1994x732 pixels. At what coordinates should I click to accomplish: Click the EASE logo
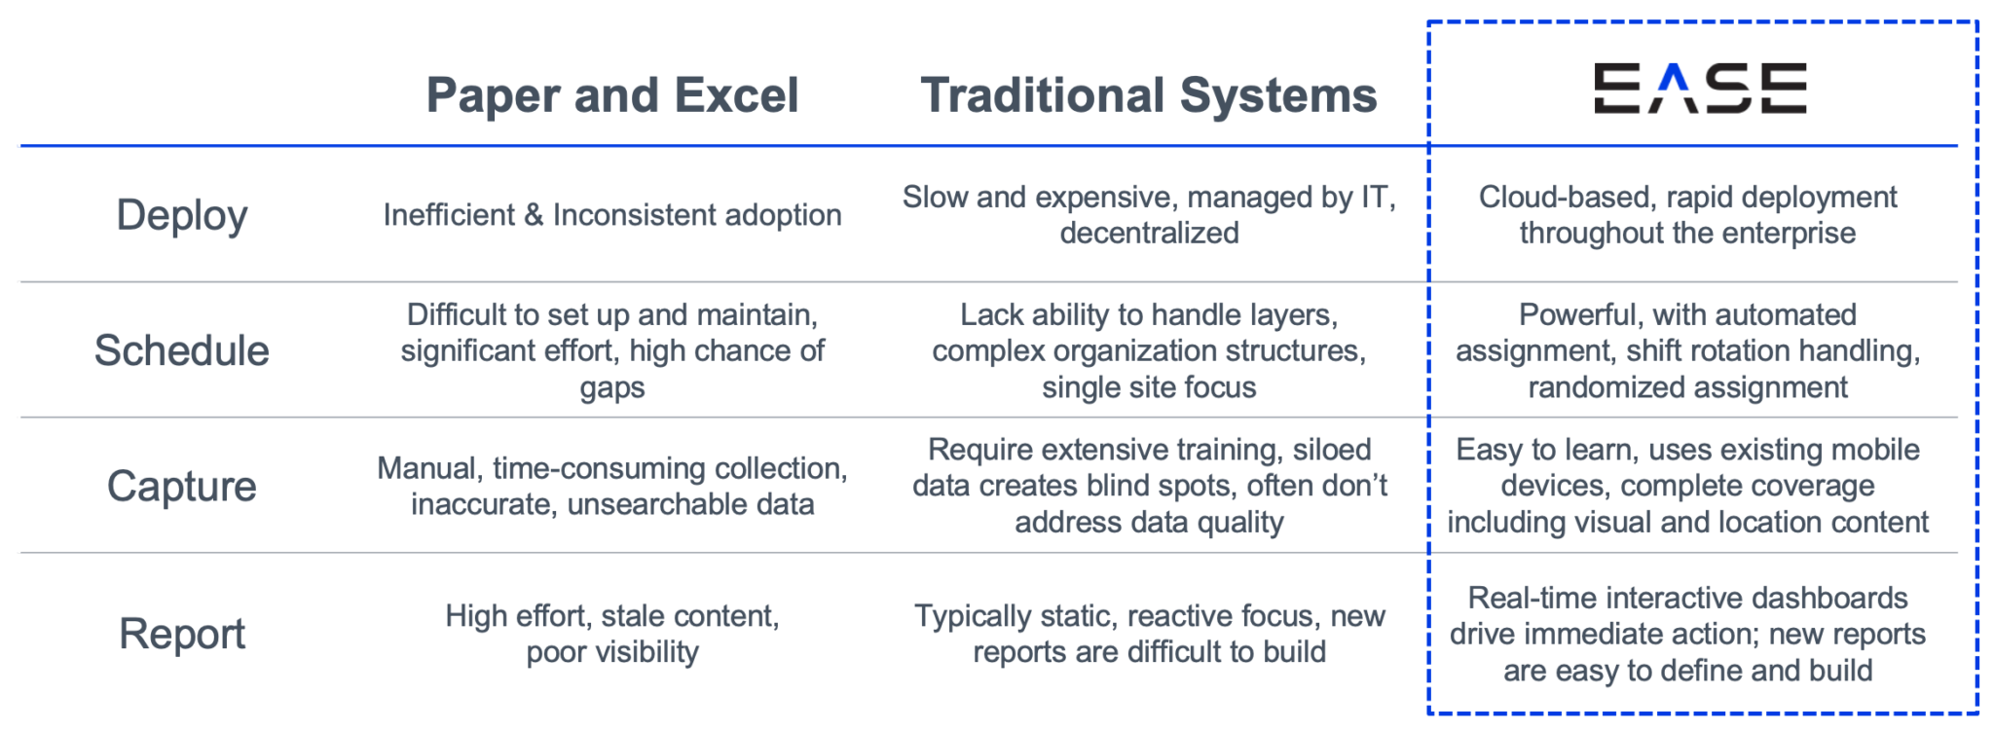[x=1700, y=89]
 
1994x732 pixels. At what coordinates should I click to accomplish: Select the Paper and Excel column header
[x=612, y=95]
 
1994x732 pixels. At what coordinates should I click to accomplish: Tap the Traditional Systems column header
[x=1149, y=95]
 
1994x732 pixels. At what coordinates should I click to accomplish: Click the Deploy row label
[x=182, y=215]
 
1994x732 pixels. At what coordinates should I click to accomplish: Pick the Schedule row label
[x=182, y=350]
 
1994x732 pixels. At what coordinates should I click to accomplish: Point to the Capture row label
[x=182, y=486]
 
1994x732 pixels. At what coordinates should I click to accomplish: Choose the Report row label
[x=182, y=634]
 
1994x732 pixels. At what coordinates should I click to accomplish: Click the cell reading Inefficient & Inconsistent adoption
[x=612, y=215]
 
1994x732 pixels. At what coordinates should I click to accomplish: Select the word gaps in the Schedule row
[x=612, y=388]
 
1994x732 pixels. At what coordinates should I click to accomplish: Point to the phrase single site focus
[x=1149, y=387]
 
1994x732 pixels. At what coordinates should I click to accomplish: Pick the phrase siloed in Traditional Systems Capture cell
[x=1331, y=450]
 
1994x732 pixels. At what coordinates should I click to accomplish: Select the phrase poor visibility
[x=612, y=652]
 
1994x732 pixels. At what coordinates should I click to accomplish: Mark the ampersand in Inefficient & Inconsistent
[x=534, y=215]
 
